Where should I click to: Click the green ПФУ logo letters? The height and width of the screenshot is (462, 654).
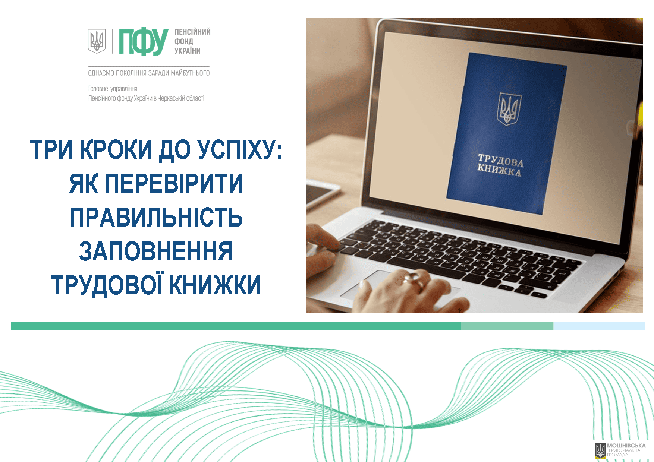click(144, 42)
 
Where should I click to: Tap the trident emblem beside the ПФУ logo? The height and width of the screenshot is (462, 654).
click(97, 41)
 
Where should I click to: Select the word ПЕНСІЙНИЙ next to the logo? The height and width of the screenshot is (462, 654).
click(192, 32)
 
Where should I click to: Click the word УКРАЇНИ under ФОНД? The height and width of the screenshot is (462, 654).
click(188, 51)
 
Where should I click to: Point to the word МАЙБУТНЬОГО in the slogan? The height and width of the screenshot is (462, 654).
click(190, 73)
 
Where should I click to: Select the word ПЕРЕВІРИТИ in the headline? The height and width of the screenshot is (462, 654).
click(174, 183)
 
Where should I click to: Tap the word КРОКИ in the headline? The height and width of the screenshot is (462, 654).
click(116, 149)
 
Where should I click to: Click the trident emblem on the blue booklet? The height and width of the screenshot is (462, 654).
click(510, 108)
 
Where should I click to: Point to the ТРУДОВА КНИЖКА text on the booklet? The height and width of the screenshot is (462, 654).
click(500, 165)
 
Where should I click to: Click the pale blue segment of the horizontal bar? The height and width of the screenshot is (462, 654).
click(599, 326)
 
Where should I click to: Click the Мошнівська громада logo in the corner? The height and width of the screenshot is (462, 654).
click(620, 450)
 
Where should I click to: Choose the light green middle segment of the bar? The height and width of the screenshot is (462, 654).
click(507, 326)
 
